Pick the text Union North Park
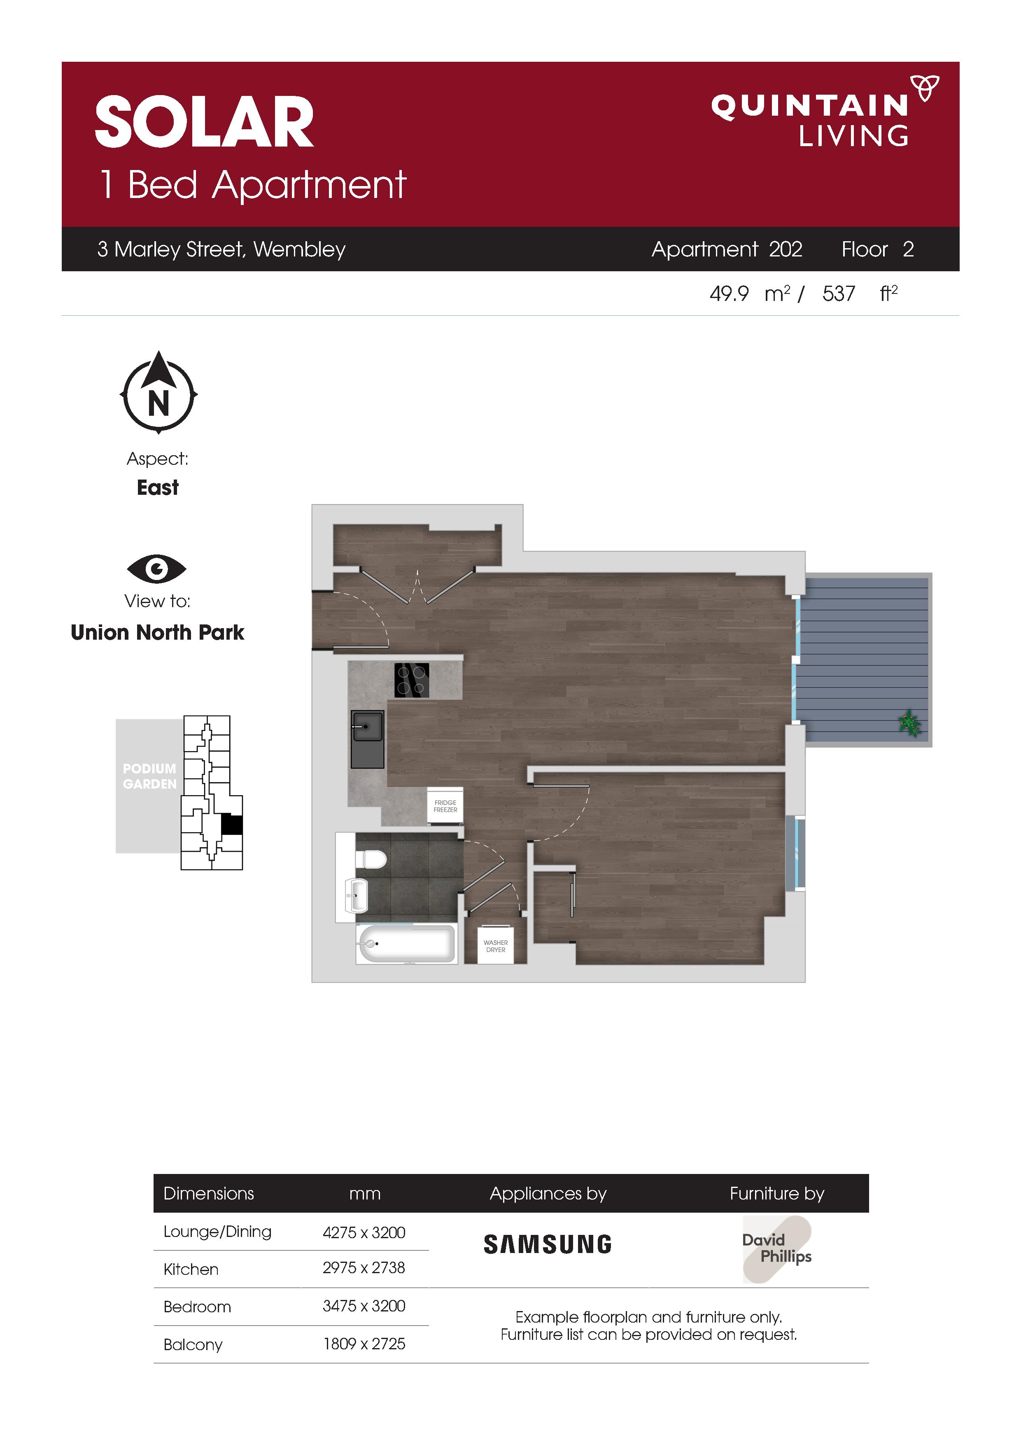(x=157, y=632)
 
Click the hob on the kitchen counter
(x=412, y=680)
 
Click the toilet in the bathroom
(x=371, y=859)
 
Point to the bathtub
(x=406, y=943)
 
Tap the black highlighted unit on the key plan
(x=232, y=824)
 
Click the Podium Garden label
(x=150, y=776)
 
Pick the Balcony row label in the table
(x=193, y=1345)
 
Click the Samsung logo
(x=547, y=1244)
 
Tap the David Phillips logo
(x=777, y=1249)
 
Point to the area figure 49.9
(x=729, y=294)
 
